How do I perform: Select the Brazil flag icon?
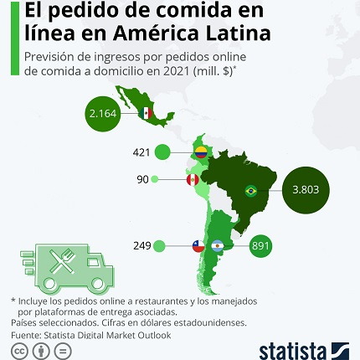coord(250,190)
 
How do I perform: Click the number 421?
coord(141,152)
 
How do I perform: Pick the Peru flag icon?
coord(192,179)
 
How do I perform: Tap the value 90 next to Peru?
coord(142,179)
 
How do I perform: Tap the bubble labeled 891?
coord(261,246)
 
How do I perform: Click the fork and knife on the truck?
coord(64,262)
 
